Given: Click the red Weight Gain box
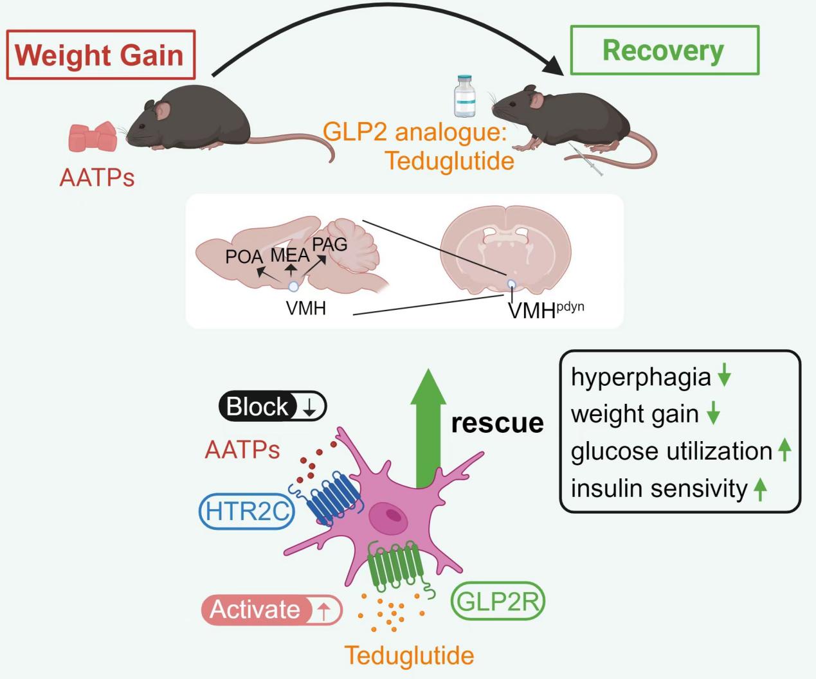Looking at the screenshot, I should point(100,55).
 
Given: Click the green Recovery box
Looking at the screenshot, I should point(664,51).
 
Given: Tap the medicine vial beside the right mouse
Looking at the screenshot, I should point(464,96).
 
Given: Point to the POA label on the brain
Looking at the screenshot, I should point(244,257).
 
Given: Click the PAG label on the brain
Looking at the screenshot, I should point(329,244).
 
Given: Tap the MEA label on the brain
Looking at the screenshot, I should point(289,255).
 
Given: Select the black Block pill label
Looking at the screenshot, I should point(273,407).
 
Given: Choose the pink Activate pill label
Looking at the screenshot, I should point(271,610).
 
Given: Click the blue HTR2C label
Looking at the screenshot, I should point(246,512).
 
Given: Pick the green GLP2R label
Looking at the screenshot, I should point(498,602).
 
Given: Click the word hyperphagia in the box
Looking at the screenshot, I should point(640,377).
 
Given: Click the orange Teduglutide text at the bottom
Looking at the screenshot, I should point(410,656).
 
